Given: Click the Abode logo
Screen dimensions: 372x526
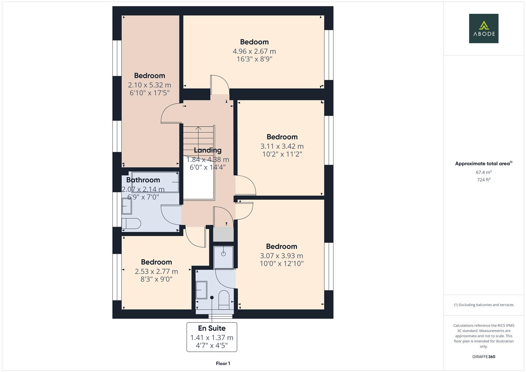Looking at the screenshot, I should click(x=483, y=29).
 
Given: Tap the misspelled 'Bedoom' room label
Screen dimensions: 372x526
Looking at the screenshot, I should click(x=254, y=42).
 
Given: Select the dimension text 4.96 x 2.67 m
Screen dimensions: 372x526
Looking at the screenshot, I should click(x=254, y=51).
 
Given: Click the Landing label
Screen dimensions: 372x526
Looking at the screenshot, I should click(x=207, y=150).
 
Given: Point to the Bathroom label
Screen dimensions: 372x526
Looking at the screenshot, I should click(x=143, y=180).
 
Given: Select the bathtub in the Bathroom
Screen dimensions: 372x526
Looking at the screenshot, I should click(x=155, y=182).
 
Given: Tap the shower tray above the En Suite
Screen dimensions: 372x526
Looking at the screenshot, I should click(x=223, y=257).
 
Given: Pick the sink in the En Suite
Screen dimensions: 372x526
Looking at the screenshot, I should click(x=201, y=290).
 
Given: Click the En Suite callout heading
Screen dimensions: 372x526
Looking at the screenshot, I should click(x=212, y=328).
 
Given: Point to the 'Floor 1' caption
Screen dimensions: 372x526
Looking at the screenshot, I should click(x=223, y=363).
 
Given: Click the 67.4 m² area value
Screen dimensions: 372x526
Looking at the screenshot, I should click(x=483, y=172).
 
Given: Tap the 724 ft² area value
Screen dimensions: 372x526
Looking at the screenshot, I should click(x=483, y=180).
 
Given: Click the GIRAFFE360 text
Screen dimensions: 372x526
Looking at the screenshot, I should click(x=483, y=356).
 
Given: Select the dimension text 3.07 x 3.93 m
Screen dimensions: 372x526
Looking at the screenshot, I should click(x=281, y=256).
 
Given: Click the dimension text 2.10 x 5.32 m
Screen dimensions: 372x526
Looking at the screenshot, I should click(x=149, y=85).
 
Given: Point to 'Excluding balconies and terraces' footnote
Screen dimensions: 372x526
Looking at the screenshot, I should click(x=483, y=305).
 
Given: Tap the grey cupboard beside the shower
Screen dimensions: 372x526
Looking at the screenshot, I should click(x=223, y=235).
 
